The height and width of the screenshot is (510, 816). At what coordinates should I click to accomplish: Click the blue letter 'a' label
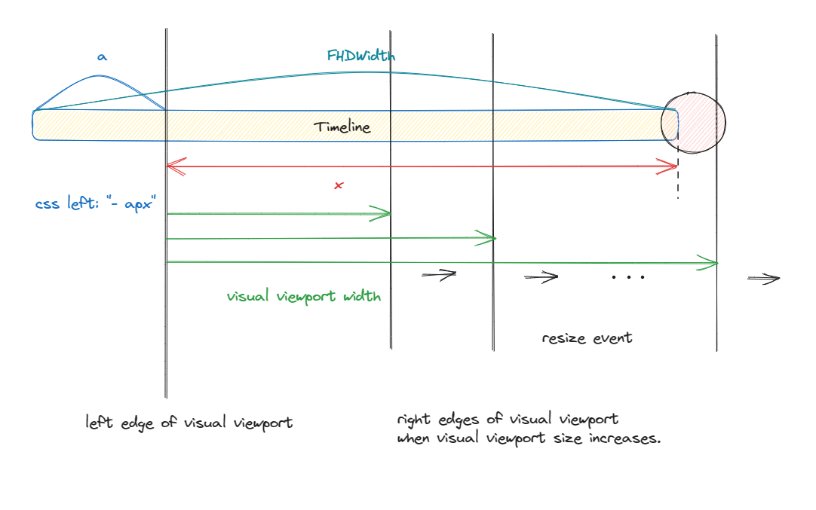(x=102, y=56)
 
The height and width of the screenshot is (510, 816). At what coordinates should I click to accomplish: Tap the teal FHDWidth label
(x=360, y=56)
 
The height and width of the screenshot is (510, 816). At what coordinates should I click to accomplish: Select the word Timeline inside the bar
(x=342, y=127)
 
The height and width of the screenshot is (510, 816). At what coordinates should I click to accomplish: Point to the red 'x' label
(x=339, y=185)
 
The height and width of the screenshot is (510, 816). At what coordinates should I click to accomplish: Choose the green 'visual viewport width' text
(x=303, y=296)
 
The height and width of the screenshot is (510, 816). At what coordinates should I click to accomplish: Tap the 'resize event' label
(x=587, y=337)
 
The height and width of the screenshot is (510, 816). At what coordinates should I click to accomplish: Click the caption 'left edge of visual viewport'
(x=189, y=423)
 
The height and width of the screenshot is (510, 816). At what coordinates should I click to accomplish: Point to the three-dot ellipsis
(x=628, y=277)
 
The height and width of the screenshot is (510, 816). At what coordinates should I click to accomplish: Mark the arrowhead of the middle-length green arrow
(x=489, y=239)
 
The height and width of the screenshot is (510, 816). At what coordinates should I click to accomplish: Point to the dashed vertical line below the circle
(x=677, y=178)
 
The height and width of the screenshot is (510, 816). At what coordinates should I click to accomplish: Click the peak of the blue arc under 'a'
(x=100, y=75)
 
